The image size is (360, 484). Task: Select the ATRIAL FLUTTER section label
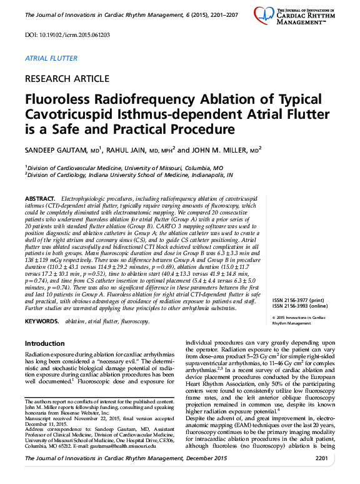point(51,58)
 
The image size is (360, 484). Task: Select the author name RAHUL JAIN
point(140,151)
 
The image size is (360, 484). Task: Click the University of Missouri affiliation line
point(124,168)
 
